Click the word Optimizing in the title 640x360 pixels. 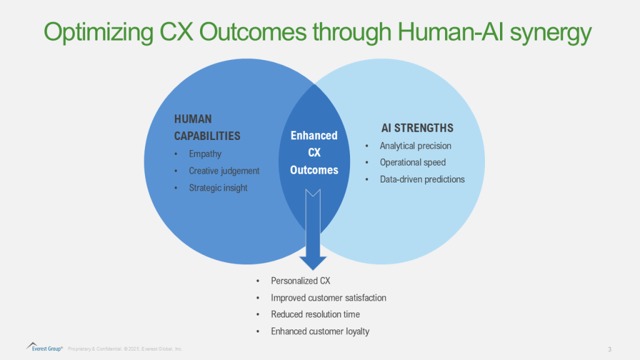(98, 32)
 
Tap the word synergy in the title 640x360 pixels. (551, 32)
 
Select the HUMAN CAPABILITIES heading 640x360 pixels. (207, 127)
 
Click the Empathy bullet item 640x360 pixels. (205, 154)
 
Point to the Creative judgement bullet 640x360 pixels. (224, 171)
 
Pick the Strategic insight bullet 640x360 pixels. (218, 187)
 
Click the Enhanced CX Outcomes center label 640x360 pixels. (314, 152)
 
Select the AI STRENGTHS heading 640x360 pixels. (417, 128)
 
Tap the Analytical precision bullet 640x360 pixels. (416, 146)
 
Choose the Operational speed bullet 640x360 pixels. (412, 162)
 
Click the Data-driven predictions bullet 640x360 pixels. (422, 179)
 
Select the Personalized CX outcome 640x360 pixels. (301, 281)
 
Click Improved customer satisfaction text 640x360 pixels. (329, 298)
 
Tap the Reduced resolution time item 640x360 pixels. (316, 314)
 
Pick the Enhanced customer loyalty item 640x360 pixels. (320, 331)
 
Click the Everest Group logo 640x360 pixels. (44, 347)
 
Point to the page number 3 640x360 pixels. (610, 349)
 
